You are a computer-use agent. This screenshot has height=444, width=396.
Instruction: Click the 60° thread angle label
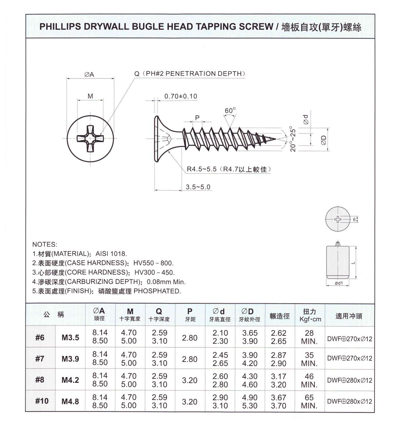click(x=230, y=111)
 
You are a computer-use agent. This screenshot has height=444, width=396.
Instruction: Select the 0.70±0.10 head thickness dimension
click(x=180, y=96)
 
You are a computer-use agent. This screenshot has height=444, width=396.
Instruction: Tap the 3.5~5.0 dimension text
click(x=198, y=187)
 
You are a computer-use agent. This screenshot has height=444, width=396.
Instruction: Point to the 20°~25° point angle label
click(x=293, y=139)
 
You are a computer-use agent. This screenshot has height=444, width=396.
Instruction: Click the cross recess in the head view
click(x=90, y=139)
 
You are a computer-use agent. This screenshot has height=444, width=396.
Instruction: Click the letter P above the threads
click(x=197, y=117)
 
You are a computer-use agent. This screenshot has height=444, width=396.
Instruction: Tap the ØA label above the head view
click(x=89, y=74)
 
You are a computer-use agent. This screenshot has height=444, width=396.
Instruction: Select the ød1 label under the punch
click(x=339, y=283)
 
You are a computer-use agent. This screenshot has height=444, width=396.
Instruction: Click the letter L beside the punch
click(x=353, y=263)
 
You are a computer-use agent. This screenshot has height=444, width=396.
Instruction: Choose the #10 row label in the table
click(x=41, y=401)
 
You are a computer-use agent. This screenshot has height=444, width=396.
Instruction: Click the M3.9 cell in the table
click(x=70, y=359)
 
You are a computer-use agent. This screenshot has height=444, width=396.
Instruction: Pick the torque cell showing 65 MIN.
click(x=309, y=401)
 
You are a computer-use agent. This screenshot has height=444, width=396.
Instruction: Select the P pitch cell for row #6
click(x=190, y=338)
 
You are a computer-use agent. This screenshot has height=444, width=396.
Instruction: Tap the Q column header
click(x=159, y=314)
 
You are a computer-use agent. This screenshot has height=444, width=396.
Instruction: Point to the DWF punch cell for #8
click(x=349, y=380)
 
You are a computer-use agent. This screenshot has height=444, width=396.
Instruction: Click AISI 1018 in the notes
click(x=111, y=254)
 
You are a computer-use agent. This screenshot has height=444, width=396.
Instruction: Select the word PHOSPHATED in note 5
click(x=157, y=291)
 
